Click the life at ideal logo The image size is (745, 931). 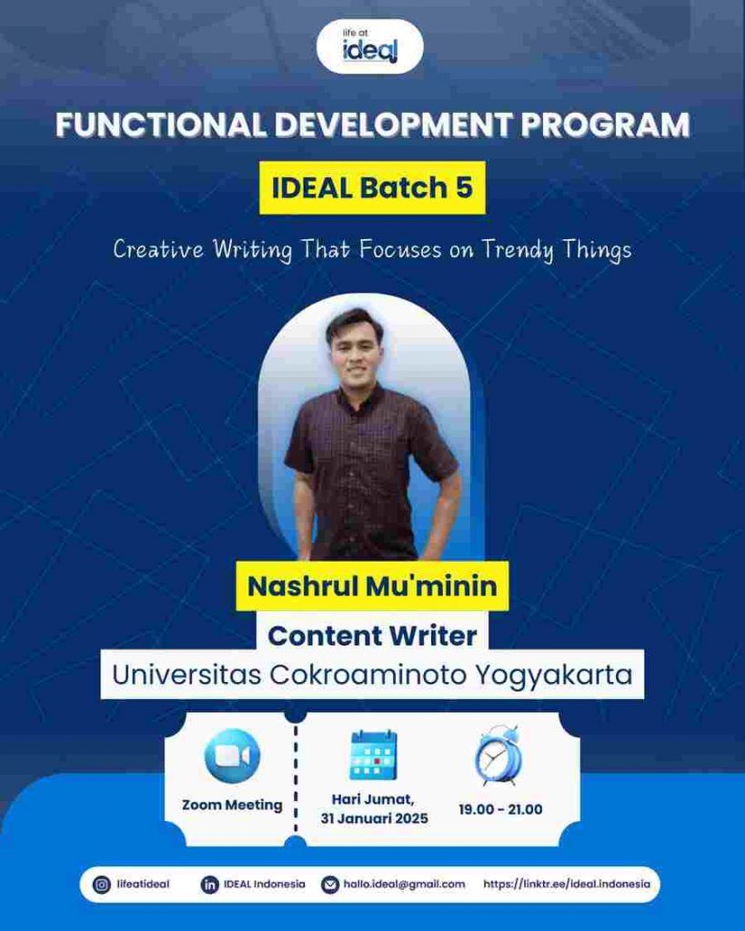369,46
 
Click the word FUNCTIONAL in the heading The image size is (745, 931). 160,125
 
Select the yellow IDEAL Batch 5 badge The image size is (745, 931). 372,187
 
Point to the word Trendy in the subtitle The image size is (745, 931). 517,250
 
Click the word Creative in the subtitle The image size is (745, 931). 158,249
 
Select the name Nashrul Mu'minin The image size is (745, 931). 372,586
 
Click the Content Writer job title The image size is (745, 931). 372,636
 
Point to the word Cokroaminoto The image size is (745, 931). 369,675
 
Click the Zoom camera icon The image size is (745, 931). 232,756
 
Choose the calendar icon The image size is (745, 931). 373,755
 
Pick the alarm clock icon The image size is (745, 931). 498,755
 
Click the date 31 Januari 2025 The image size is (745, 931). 374,818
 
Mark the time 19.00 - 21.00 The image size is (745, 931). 500,809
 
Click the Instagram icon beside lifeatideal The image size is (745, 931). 102,885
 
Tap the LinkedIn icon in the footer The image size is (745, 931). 209,885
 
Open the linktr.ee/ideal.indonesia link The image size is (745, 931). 567,884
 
